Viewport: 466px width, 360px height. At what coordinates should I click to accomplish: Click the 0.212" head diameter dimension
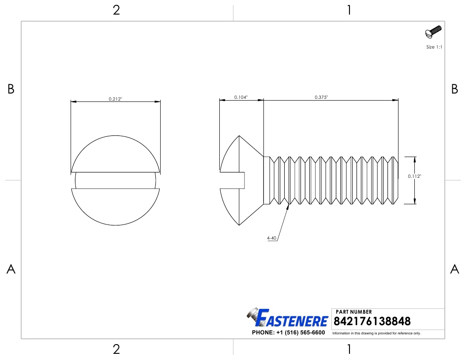pyautogui.click(x=116, y=99)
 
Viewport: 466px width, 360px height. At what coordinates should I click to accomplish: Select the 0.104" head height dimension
pyautogui.click(x=241, y=97)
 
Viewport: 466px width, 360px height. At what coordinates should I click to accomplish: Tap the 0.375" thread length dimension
pyautogui.click(x=321, y=97)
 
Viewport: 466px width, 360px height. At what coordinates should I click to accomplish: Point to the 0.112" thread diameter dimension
pyautogui.click(x=414, y=176)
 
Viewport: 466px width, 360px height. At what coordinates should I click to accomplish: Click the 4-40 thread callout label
pyautogui.click(x=271, y=238)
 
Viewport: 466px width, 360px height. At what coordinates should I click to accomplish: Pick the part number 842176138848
pyautogui.click(x=372, y=321)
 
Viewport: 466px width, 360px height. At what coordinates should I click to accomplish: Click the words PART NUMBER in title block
pyautogui.click(x=354, y=312)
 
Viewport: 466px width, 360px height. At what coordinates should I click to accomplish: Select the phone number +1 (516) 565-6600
pyautogui.click(x=288, y=333)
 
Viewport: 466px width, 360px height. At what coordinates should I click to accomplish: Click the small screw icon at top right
pyautogui.click(x=433, y=32)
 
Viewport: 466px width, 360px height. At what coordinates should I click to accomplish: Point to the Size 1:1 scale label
pyautogui.click(x=434, y=47)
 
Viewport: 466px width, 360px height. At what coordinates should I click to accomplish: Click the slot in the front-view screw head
pyautogui.click(x=116, y=180)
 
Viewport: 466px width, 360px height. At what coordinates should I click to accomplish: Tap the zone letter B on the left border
pyautogui.click(x=11, y=89)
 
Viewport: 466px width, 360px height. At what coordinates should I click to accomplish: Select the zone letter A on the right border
pyautogui.click(x=455, y=269)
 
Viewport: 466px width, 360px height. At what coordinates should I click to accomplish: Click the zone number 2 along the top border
pyautogui.click(x=116, y=10)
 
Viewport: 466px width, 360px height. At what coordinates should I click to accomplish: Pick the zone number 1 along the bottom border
pyautogui.click(x=349, y=350)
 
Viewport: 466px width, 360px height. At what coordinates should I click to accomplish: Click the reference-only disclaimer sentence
pyautogui.click(x=376, y=333)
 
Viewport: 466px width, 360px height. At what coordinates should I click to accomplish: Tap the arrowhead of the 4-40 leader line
pyautogui.click(x=289, y=206)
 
